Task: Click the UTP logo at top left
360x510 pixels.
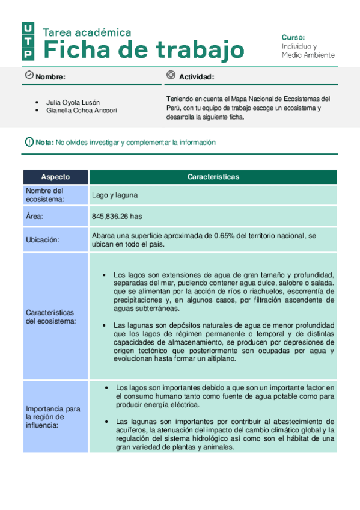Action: [28, 41]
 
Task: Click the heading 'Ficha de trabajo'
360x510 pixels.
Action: [145, 49]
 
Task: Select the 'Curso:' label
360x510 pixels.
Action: [293, 37]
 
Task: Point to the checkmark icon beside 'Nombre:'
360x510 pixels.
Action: [28, 75]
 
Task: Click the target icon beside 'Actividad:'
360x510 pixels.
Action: [171, 75]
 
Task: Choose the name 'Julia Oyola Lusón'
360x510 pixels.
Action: [73, 102]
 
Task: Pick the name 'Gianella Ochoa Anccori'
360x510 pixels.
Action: [82, 111]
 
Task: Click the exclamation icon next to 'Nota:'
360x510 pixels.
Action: [29, 142]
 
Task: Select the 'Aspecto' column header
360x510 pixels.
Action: [55, 177]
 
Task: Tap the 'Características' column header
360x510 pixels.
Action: [213, 177]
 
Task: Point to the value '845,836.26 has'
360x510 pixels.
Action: [117, 216]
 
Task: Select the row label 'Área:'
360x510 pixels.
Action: [35, 216]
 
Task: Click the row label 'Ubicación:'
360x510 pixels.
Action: [43, 239]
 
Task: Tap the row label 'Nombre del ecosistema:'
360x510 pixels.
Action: [45, 195]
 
